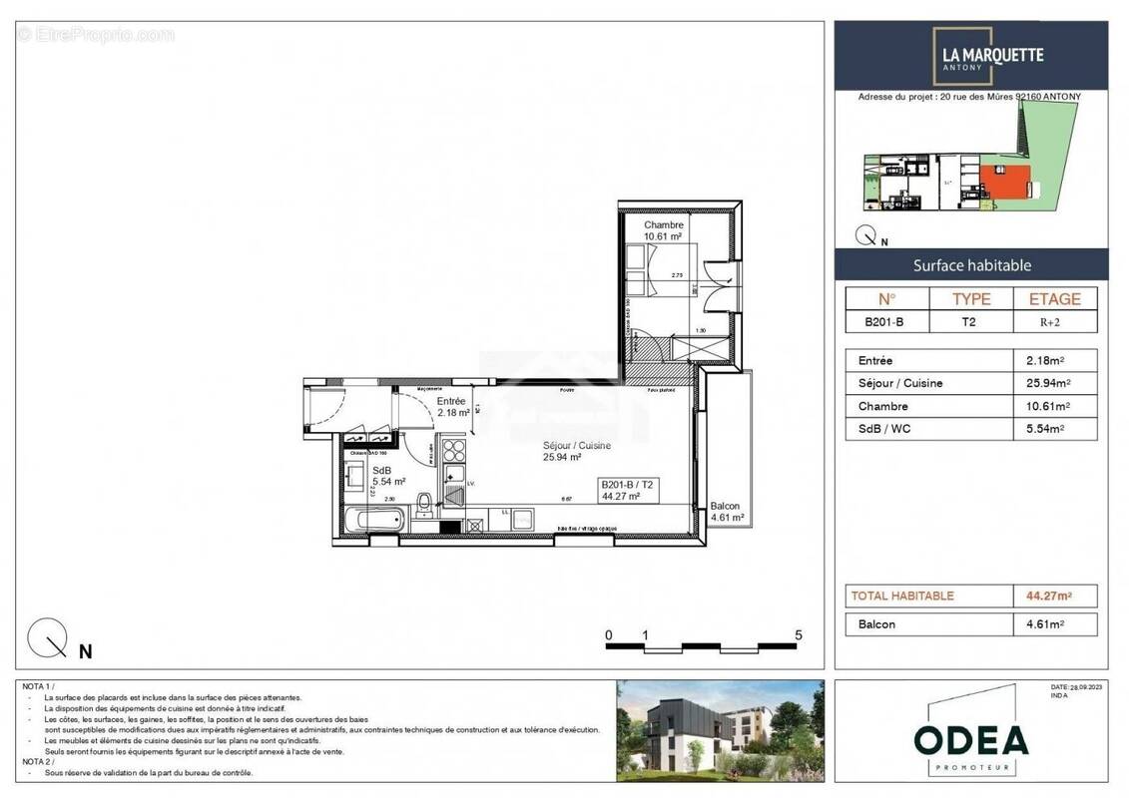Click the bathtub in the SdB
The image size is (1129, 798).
375,520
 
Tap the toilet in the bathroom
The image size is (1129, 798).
425,503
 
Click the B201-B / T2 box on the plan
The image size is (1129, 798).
630,489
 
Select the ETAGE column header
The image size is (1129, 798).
1054,298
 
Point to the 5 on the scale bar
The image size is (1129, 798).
799,634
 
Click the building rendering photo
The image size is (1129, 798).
720,730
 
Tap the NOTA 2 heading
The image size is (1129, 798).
38,763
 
